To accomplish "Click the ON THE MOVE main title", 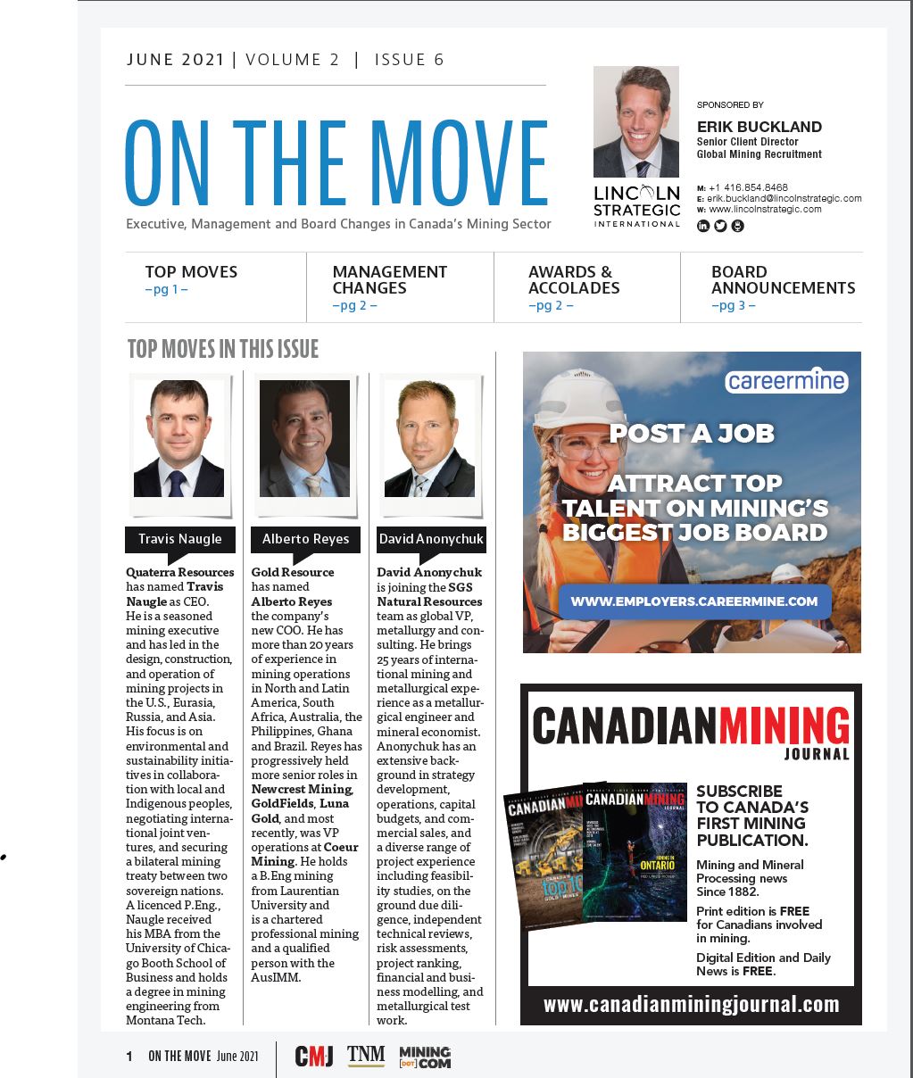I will [336, 164].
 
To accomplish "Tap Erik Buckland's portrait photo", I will [635, 122].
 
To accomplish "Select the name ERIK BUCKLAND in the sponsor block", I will [759, 127].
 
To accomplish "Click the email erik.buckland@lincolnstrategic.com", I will [784, 198].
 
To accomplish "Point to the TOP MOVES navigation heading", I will [191, 272].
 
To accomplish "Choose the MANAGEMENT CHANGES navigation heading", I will [389, 279].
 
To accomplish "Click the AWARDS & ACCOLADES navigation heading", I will [573, 279].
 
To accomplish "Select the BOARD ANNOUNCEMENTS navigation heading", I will [783, 279].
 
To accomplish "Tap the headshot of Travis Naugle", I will [178, 439].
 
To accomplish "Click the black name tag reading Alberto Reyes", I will [305, 539].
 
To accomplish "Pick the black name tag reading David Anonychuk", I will [431, 539].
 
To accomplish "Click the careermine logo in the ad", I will [785, 381].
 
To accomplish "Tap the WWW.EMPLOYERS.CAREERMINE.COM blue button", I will [693, 601].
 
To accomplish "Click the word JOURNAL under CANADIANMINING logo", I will [817, 754].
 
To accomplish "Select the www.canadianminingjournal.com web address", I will [691, 1005].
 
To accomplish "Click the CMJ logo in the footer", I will [314, 1057].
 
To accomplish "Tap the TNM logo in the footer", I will [366, 1056].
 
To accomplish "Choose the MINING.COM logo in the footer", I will [425, 1057].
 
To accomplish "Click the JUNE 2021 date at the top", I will [176, 60].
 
